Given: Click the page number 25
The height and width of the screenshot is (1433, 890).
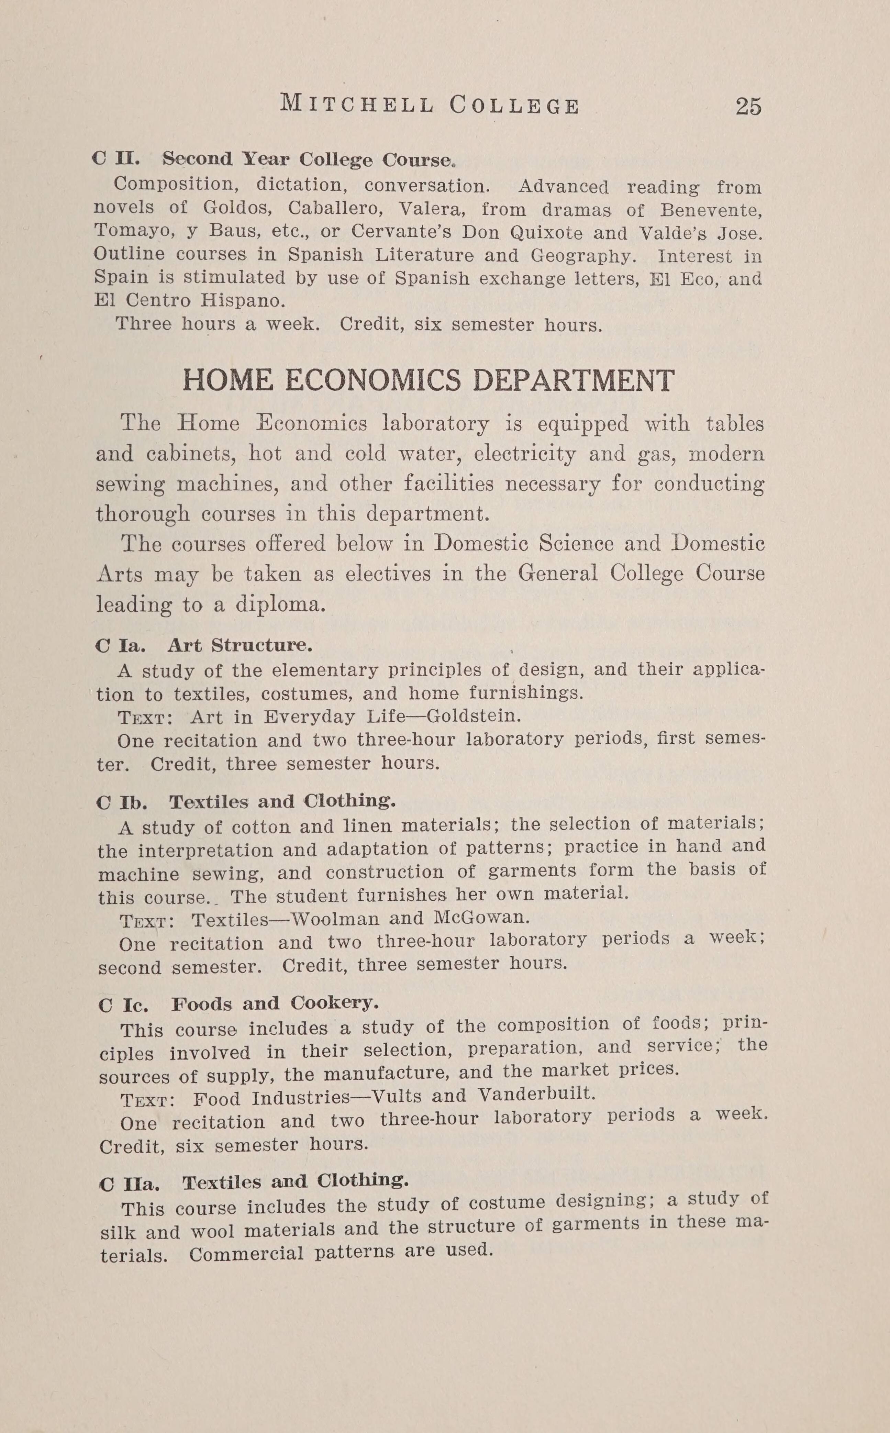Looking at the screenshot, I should (748, 107).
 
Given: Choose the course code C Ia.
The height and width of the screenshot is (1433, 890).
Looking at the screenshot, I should (120, 646).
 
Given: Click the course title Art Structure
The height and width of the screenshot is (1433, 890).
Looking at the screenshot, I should (240, 646).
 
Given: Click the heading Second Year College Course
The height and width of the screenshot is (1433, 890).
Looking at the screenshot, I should (308, 159).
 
